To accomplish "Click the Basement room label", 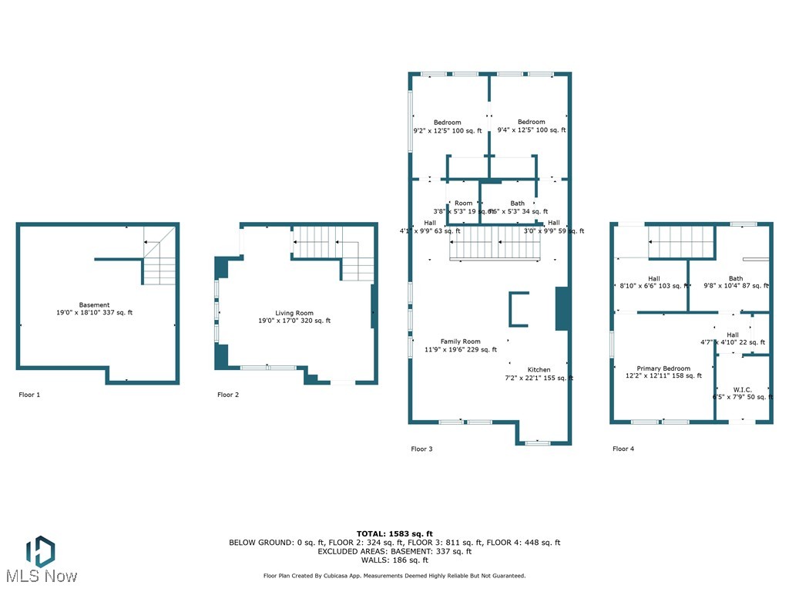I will [x=94, y=305].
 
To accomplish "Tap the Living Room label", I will [x=294, y=313].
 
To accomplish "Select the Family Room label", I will [x=460, y=341].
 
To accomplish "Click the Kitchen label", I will [x=539, y=370].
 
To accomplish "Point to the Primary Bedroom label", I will [x=663, y=368].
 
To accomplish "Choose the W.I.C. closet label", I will [x=744, y=389].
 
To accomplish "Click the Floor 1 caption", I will [x=29, y=395].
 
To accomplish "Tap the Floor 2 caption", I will [x=228, y=395].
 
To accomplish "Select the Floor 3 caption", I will [x=421, y=449].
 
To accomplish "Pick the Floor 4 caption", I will [x=623, y=449].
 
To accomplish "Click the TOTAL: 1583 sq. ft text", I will [x=394, y=533].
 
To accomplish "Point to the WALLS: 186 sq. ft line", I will [x=394, y=560].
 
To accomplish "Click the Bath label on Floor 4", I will [x=736, y=279].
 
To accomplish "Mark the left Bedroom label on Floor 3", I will [x=447, y=123].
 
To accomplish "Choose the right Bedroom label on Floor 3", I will [x=531, y=122].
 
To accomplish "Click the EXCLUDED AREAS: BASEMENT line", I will [x=394, y=551].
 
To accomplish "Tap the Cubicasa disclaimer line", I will [x=394, y=576].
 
